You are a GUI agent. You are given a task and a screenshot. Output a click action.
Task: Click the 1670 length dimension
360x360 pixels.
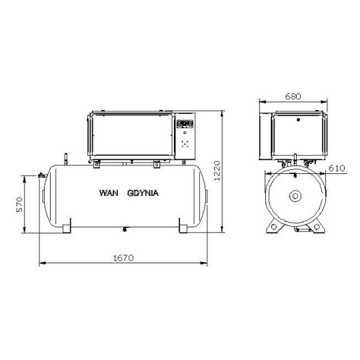click(x=123, y=258)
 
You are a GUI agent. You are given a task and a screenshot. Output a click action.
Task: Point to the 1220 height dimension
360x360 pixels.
click(x=217, y=171)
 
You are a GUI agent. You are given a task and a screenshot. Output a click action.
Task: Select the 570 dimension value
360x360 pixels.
click(x=20, y=205)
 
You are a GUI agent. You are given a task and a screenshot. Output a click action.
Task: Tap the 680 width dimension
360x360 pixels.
click(x=293, y=97)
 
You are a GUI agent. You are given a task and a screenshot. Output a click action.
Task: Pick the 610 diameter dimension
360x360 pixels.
click(x=337, y=168)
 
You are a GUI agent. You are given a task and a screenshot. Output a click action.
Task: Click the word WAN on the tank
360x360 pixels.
click(x=109, y=193)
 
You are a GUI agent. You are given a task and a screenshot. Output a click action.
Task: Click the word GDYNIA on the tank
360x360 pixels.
click(x=143, y=193)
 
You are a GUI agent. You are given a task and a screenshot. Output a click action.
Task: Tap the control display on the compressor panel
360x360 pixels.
click(x=185, y=123)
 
